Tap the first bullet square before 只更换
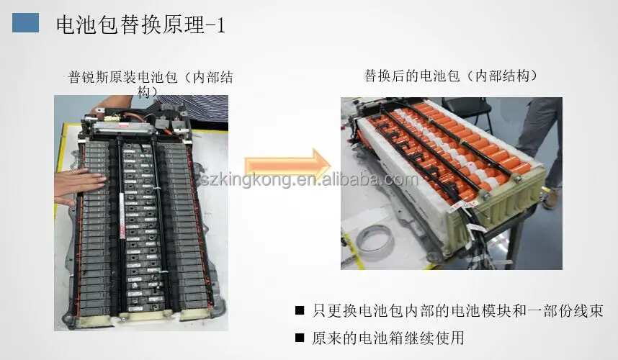pos(299,311)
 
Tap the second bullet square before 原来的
pos(299,337)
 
